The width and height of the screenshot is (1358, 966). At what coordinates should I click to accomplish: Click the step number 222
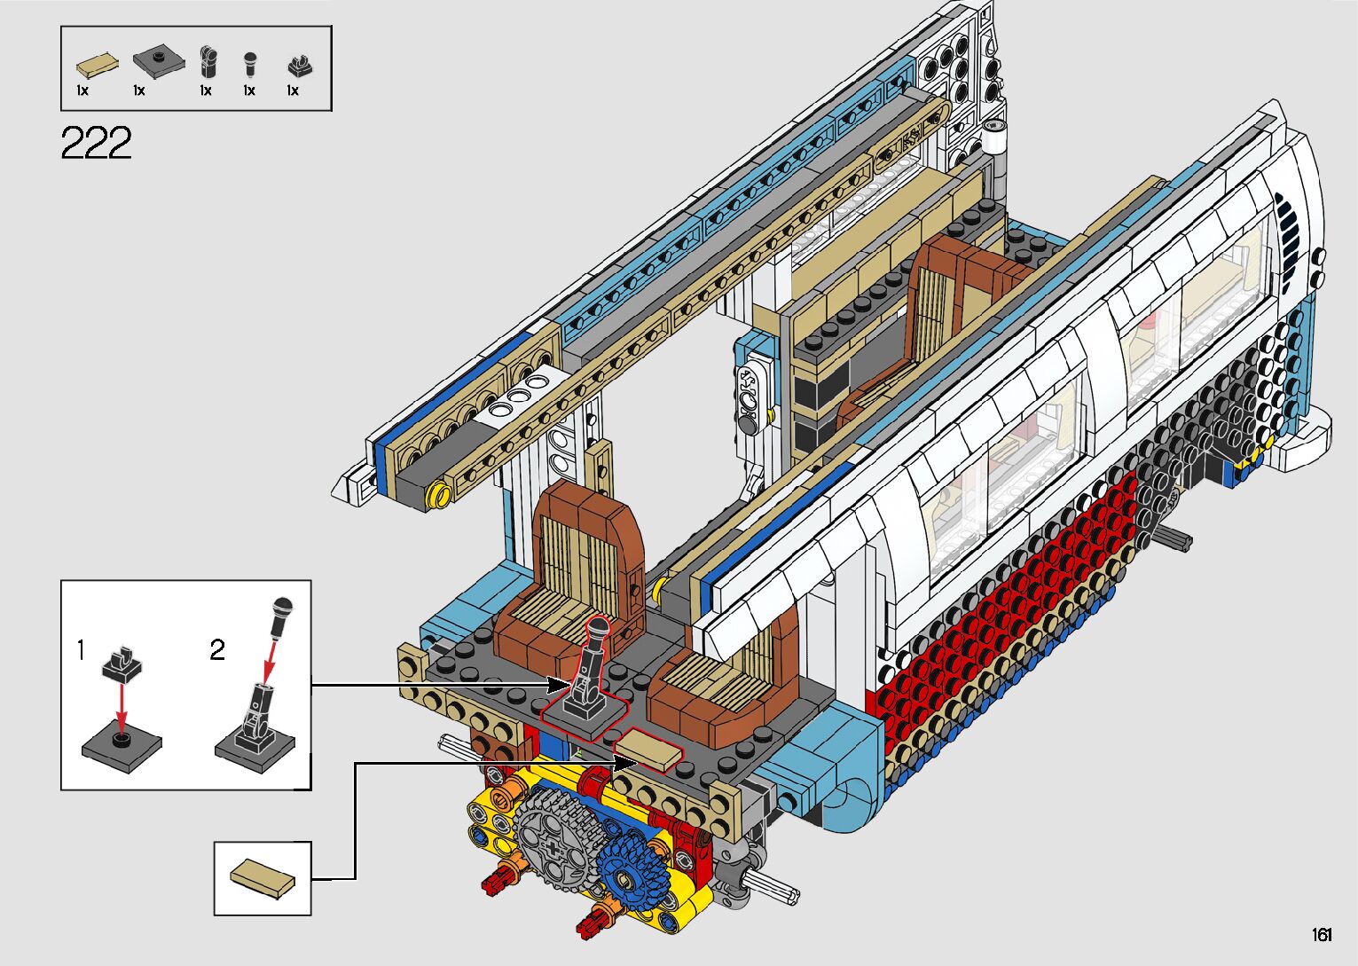pyautogui.click(x=96, y=143)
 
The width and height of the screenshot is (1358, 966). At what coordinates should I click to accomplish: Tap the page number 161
pyautogui.click(x=1322, y=934)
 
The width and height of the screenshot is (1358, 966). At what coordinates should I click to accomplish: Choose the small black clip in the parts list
pyautogui.click(x=300, y=67)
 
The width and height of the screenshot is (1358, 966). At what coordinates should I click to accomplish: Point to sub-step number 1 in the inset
pyautogui.click(x=82, y=650)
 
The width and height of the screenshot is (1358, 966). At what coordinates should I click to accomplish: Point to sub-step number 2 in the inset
pyautogui.click(x=217, y=650)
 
